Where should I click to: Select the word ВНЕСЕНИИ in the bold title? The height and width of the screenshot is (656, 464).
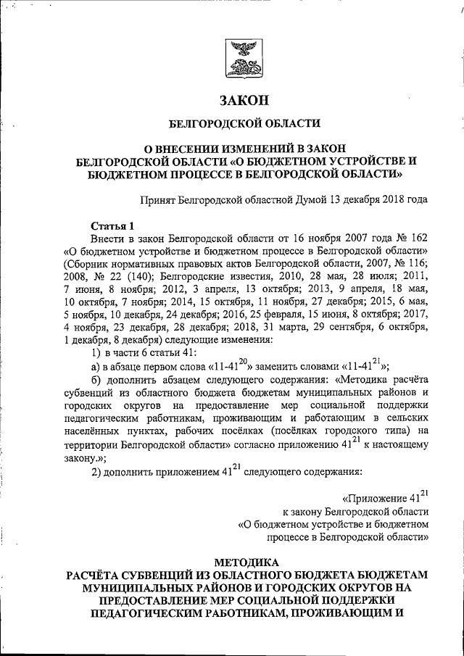coord(191,149)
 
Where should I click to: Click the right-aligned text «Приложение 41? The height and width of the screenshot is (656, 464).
coord(380,499)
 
